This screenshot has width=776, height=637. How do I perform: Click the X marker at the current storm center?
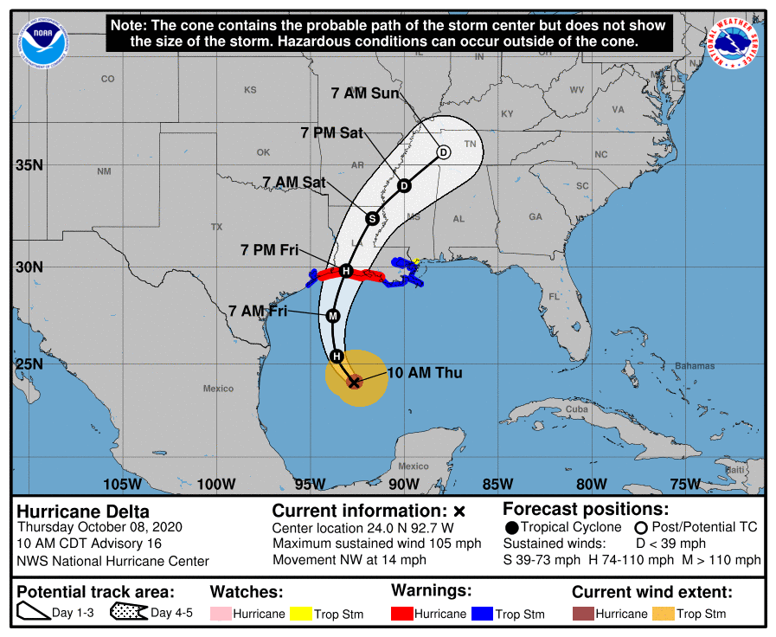(x=353, y=381)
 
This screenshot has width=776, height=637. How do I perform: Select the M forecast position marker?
(x=332, y=316)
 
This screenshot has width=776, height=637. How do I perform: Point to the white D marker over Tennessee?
(x=443, y=152)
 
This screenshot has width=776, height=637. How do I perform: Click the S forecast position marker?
(x=372, y=218)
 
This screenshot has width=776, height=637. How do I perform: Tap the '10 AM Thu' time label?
(x=425, y=373)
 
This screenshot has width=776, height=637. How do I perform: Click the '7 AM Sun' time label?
(x=366, y=93)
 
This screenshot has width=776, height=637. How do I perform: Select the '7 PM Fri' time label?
(x=269, y=250)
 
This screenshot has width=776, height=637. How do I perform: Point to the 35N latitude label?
(x=29, y=164)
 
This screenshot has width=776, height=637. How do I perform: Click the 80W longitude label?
(x=591, y=483)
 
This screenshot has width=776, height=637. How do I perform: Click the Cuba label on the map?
(x=575, y=409)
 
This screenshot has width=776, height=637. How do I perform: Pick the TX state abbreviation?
(x=216, y=227)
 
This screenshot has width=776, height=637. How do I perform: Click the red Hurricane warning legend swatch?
(x=401, y=614)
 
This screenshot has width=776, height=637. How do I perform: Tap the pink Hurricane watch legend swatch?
(x=220, y=614)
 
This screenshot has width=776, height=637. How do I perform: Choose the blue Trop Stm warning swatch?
(x=481, y=614)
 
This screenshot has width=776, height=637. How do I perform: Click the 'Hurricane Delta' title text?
(x=83, y=512)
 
